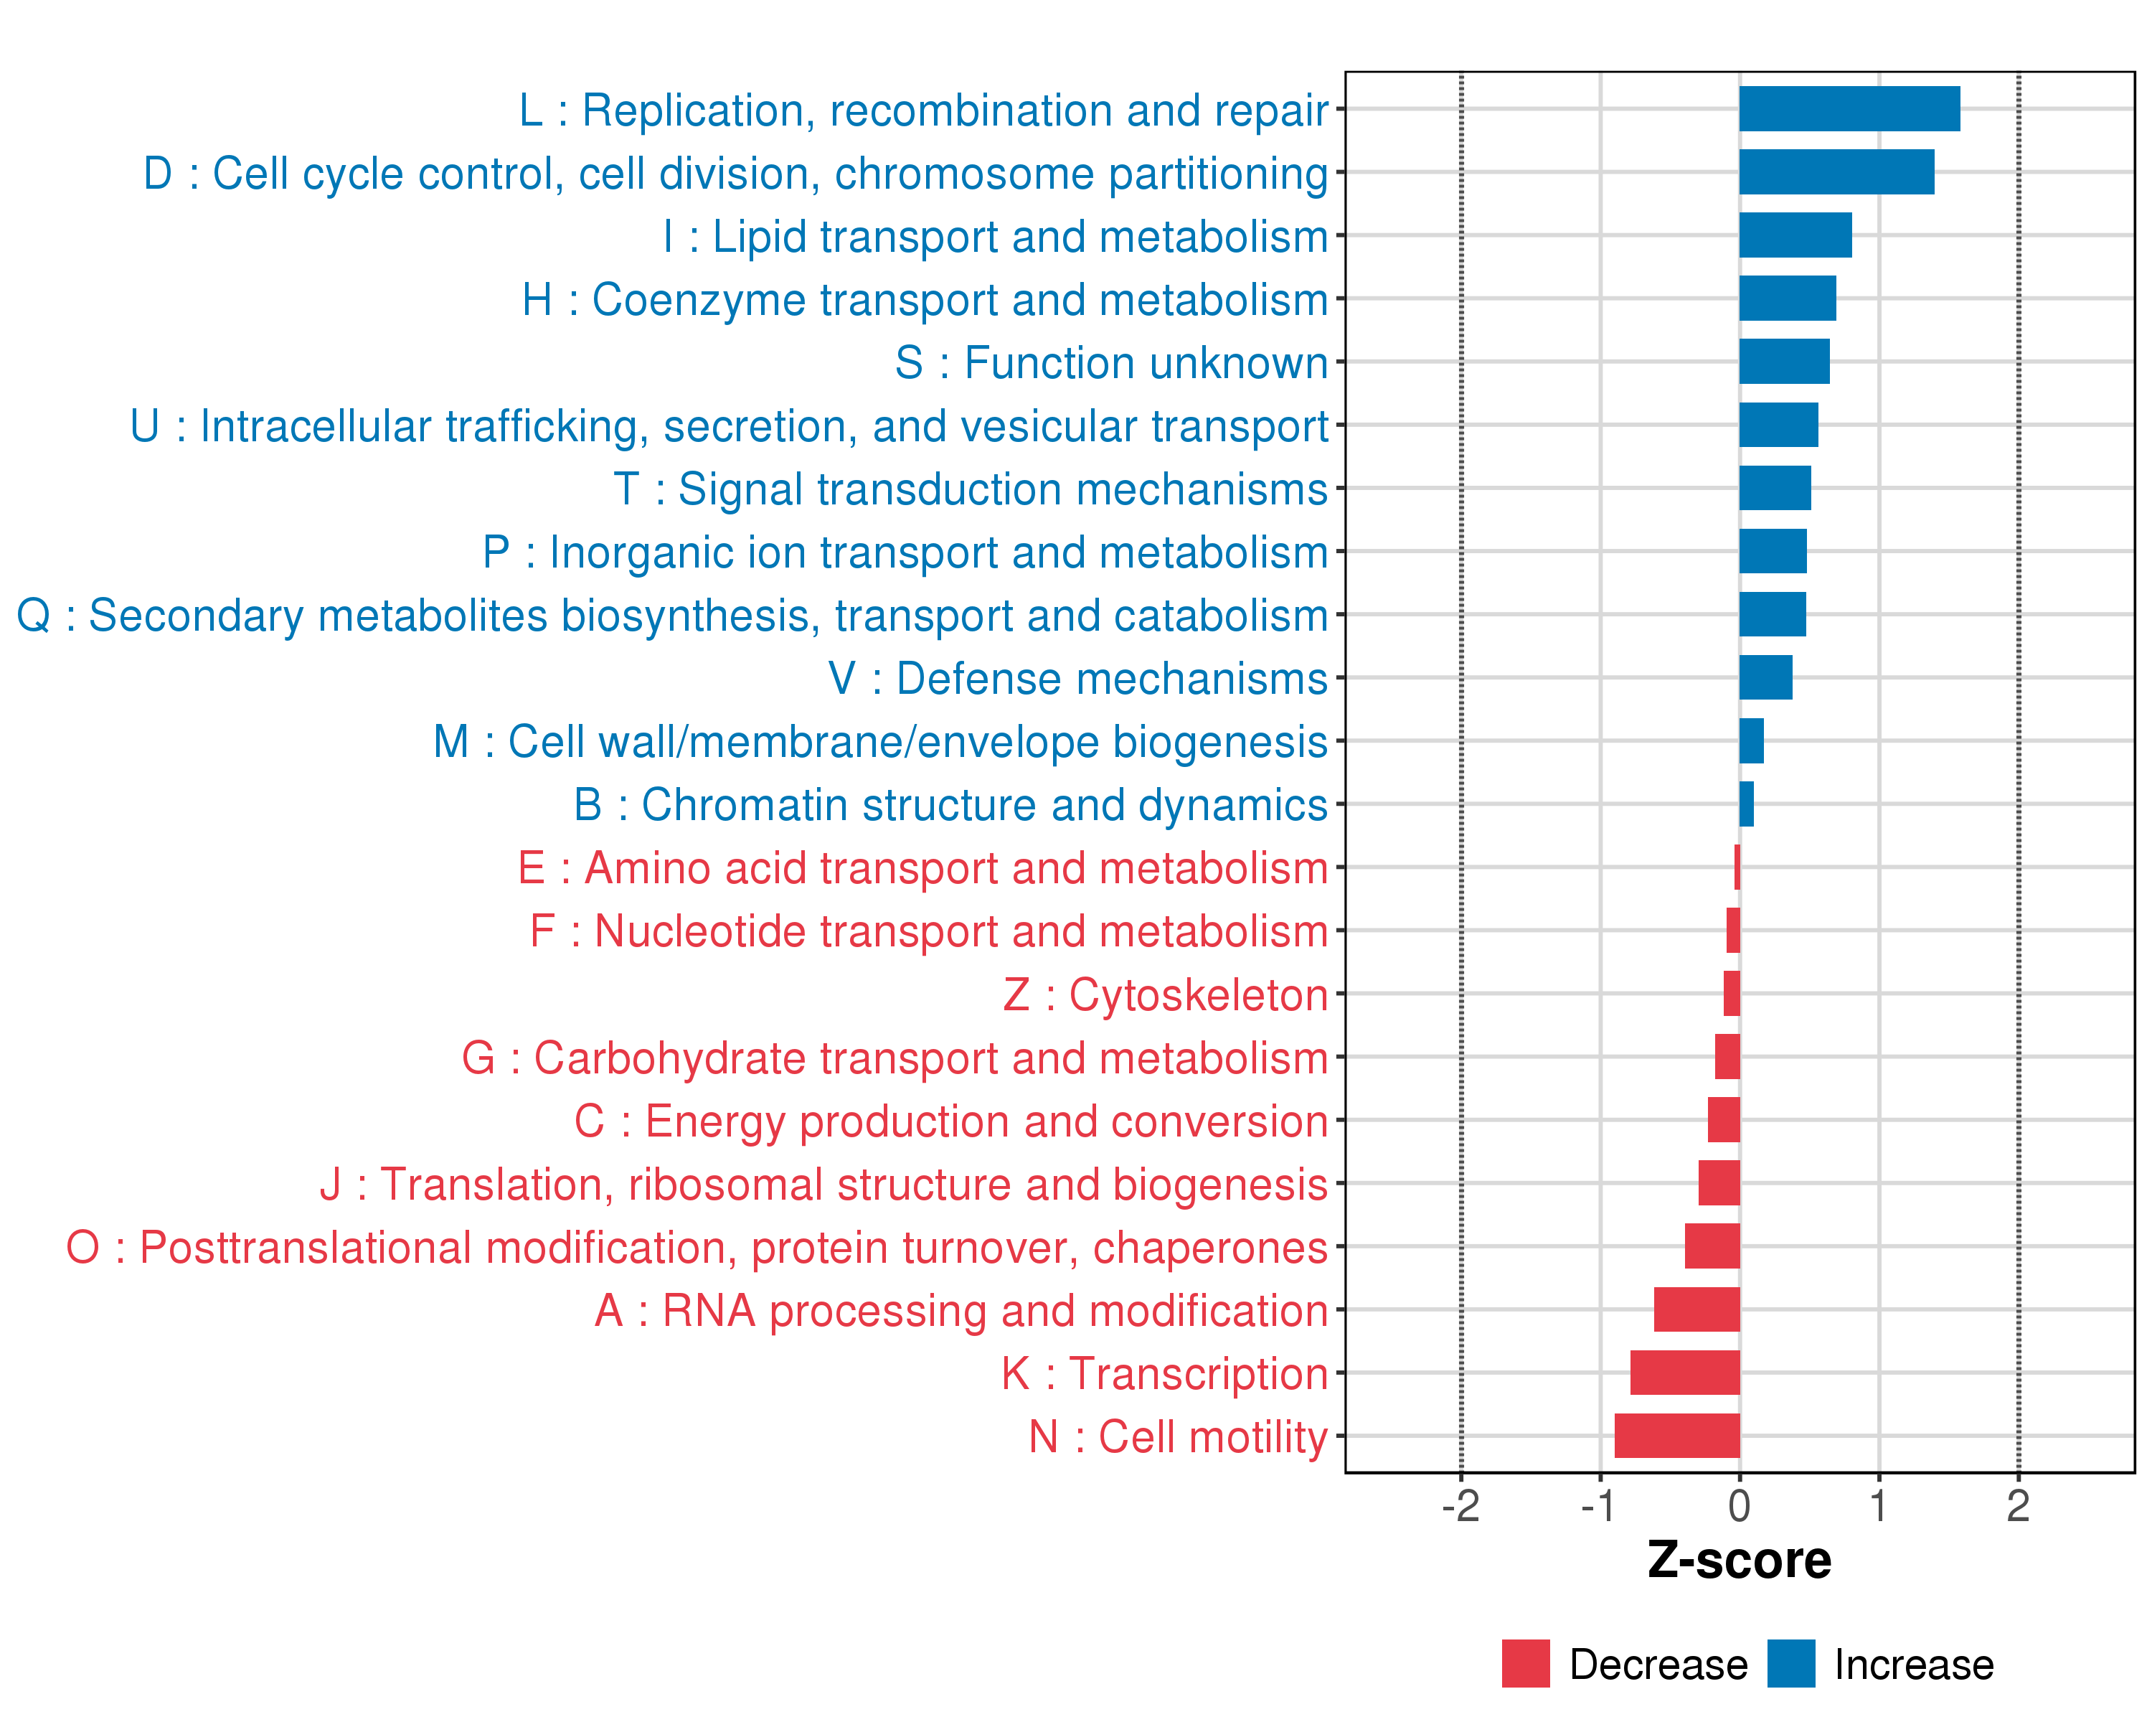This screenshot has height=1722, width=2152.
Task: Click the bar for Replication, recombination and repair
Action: [1849, 109]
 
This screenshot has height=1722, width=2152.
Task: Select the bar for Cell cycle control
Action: [1836, 171]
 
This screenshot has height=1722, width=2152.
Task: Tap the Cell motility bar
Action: [1677, 1436]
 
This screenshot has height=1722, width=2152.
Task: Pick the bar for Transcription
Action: [1685, 1373]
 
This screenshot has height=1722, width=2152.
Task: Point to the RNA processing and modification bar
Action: [1696, 1309]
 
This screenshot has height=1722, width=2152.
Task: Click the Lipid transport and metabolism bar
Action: [1795, 235]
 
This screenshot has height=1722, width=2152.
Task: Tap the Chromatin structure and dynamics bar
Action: [1746, 804]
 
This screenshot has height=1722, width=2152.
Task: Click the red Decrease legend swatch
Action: [1525, 1663]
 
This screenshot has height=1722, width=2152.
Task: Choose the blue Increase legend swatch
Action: [1790, 1663]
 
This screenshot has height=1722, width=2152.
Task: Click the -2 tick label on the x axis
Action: [1460, 1506]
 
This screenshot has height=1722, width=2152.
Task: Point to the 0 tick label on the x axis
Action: [1739, 1506]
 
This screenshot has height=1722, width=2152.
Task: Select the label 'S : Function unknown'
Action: [1111, 362]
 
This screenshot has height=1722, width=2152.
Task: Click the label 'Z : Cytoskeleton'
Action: [1165, 994]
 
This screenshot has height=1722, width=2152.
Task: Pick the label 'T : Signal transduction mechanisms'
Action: [971, 489]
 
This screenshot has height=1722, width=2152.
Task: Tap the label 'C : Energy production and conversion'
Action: [950, 1121]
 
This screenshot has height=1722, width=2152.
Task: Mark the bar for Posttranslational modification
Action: [1712, 1246]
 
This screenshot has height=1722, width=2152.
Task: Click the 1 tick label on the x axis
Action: [1879, 1506]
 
